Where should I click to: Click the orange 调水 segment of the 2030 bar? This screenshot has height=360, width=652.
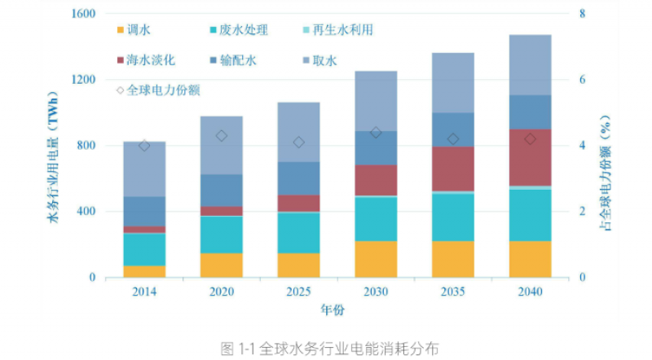(376, 259)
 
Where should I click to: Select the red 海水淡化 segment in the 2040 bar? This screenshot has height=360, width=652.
(530, 157)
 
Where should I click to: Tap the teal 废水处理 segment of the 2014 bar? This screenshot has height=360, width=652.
(144, 249)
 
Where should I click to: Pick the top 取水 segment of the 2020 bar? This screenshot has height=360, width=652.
(221, 145)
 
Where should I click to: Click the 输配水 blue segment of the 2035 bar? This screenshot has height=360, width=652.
(452, 130)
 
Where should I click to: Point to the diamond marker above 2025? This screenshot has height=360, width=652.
(298, 142)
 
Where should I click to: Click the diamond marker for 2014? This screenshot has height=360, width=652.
(144, 146)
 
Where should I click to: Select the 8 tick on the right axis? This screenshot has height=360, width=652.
(582, 14)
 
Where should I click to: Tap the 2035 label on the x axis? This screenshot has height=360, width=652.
(452, 292)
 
